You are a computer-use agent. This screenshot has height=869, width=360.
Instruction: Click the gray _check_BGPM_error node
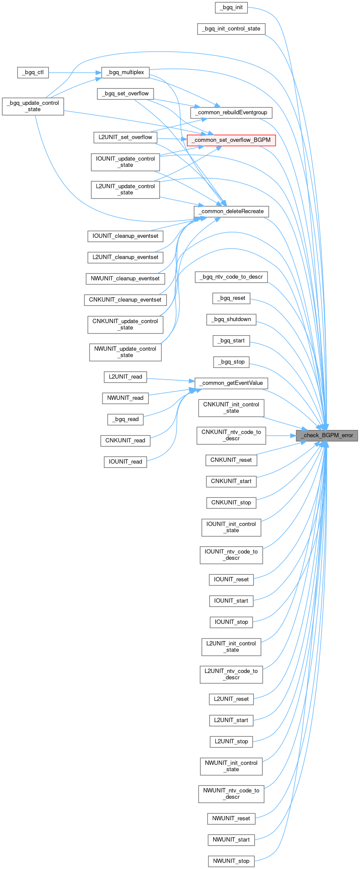click(327, 435)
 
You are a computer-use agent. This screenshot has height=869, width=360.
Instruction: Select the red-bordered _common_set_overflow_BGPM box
click(231, 140)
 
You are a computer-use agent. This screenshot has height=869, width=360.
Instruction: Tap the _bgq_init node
click(231, 7)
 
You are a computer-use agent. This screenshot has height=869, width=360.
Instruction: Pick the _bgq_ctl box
click(33, 72)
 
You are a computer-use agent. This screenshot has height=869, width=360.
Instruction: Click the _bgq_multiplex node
click(125, 72)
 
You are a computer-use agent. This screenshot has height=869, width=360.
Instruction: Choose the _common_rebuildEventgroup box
click(231, 112)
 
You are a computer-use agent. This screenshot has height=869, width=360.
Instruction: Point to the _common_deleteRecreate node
click(231, 212)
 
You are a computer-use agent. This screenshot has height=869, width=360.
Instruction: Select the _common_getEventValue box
click(231, 383)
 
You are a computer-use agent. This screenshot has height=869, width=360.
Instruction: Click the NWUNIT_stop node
click(231, 861)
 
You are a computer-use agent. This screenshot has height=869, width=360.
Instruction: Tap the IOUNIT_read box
click(125, 462)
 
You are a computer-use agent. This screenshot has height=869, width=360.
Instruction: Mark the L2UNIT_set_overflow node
click(125, 137)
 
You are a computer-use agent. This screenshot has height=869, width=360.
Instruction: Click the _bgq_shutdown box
click(231, 319)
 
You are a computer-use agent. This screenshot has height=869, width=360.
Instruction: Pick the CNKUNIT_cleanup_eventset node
click(125, 300)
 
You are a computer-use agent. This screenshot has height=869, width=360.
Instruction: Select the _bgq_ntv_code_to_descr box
click(231, 277)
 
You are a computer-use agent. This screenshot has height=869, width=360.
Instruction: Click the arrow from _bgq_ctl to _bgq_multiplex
click(73, 72)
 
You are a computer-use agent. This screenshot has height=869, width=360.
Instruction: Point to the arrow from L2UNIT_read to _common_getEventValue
click(170, 380)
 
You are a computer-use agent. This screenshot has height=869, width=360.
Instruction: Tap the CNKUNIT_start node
click(231, 481)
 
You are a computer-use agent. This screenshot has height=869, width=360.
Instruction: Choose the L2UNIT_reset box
click(231, 699)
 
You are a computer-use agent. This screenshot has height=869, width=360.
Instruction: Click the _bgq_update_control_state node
click(33, 106)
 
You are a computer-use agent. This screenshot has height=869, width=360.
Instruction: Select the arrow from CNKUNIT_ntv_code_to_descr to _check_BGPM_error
click(280, 435)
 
